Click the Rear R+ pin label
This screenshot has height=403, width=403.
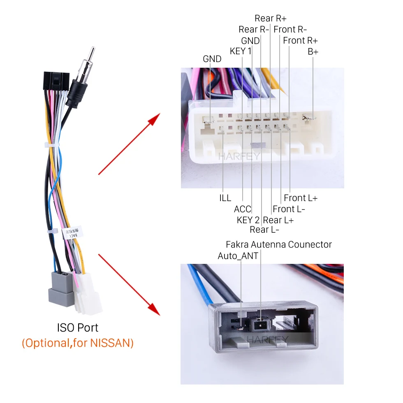(270, 18)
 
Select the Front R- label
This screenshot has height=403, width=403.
(290, 30)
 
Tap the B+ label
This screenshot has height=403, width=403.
(313, 52)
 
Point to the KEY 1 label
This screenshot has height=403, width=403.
(241, 51)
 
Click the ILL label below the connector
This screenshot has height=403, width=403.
(225, 198)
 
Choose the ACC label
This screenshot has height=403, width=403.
(242, 209)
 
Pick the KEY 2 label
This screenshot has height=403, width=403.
(248, 220)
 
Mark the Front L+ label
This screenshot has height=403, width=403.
(301, 198)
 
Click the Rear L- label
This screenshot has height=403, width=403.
(264, 230)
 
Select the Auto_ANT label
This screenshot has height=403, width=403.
(238, 256)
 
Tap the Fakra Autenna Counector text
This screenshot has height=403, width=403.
(278, 245)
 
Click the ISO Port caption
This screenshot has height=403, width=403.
(78, 328)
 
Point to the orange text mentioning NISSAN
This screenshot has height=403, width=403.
(78, 343)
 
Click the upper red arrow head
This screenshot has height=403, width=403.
(154, 119)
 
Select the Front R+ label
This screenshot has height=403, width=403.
(300, 41)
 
